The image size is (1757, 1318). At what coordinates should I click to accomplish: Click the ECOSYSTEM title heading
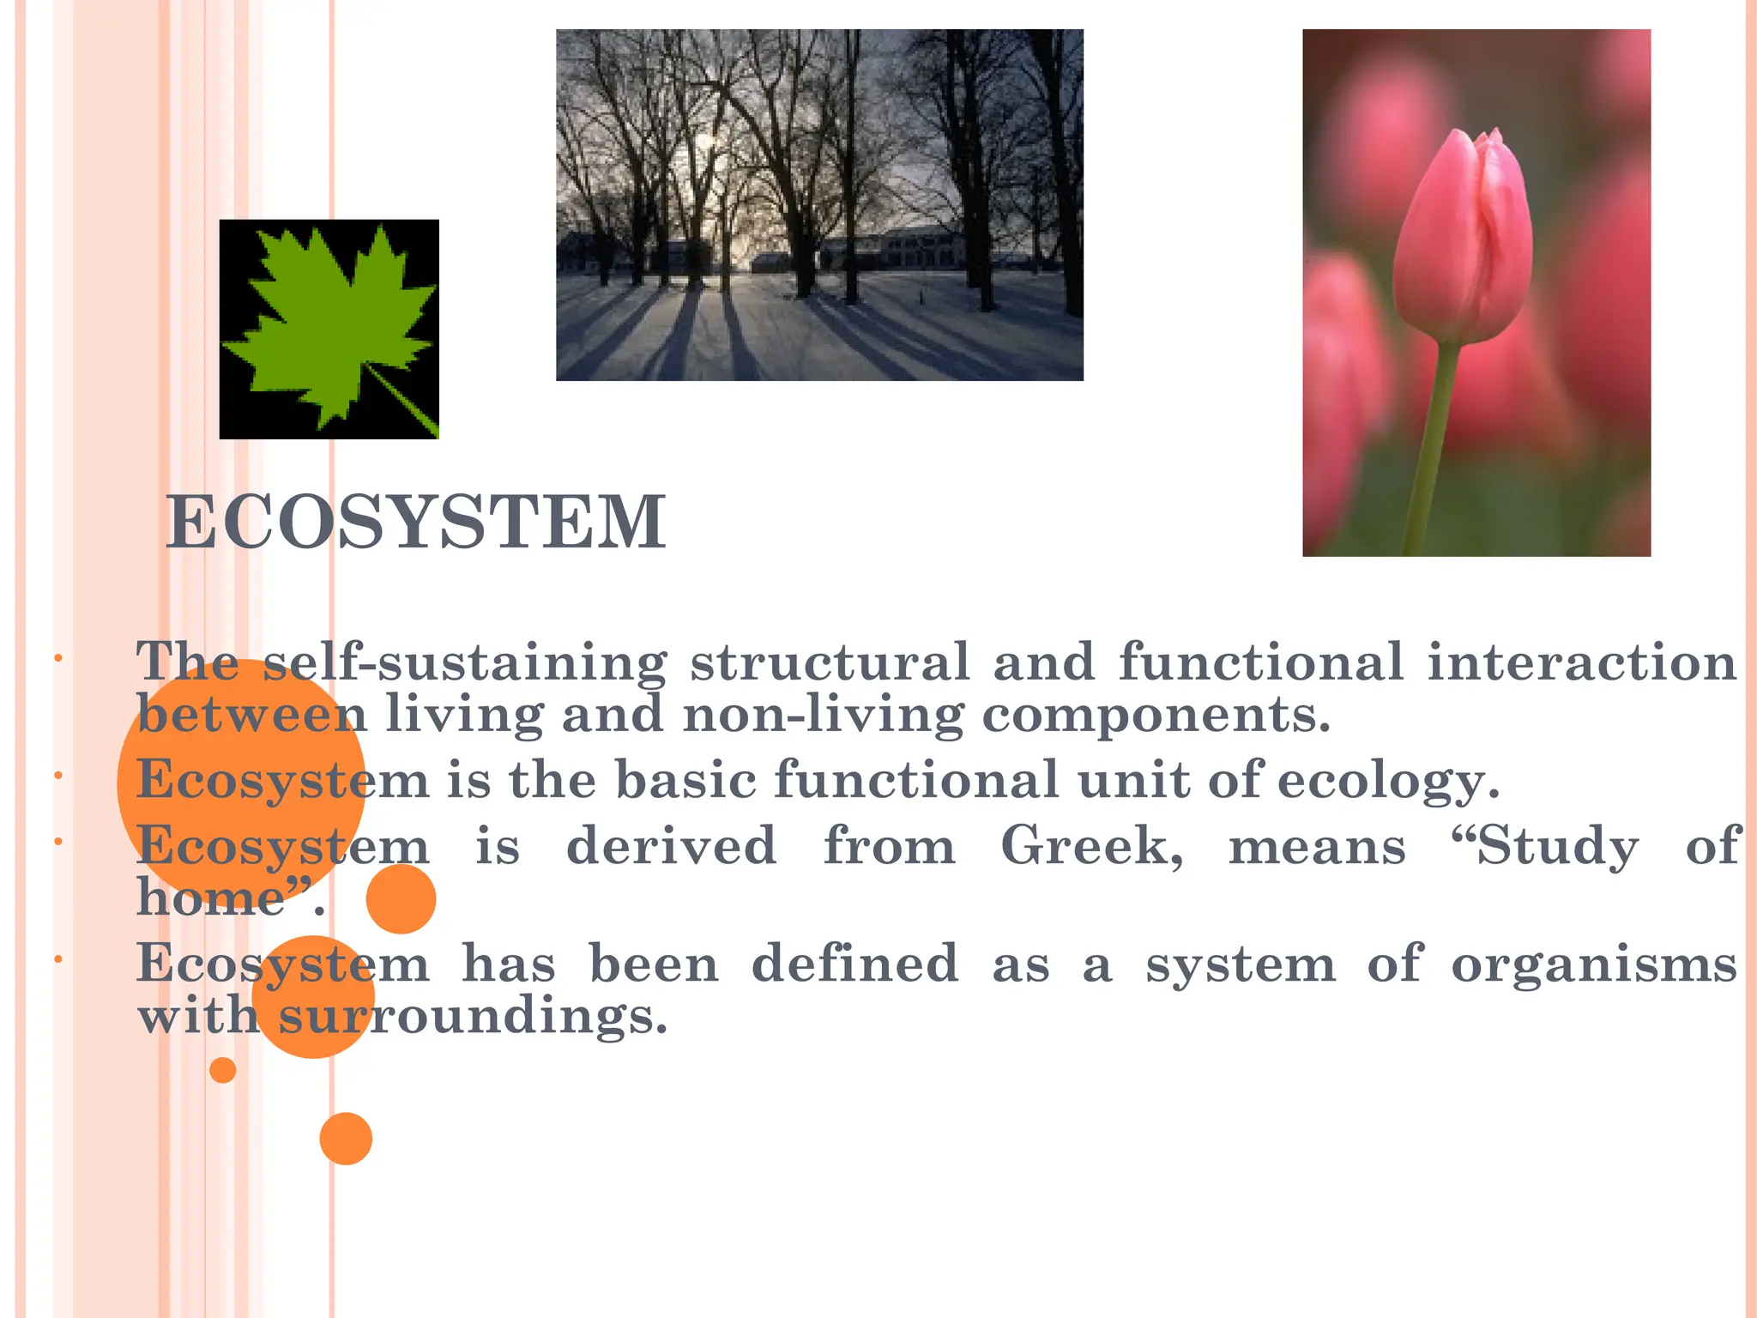(x=416, y=523)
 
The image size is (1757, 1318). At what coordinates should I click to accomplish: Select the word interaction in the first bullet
(x=1582, y=662)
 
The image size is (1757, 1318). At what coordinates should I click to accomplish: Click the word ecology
(x=1388, y=780)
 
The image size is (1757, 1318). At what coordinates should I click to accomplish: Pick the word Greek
(x=1091, y=846)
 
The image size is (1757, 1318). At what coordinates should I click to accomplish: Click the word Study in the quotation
(x=1544, y=846)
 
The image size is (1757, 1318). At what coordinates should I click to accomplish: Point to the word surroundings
(x=473, y=1017)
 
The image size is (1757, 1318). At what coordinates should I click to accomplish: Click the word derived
(x=672, y=846)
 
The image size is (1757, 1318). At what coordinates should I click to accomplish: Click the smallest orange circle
(x=223, y=1070)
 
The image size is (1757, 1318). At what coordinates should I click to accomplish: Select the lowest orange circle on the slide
(x=346, y=1139)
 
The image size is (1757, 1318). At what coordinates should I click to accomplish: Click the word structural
(x=830, y=662)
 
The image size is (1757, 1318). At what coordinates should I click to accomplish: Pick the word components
(x=1156, y=714)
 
